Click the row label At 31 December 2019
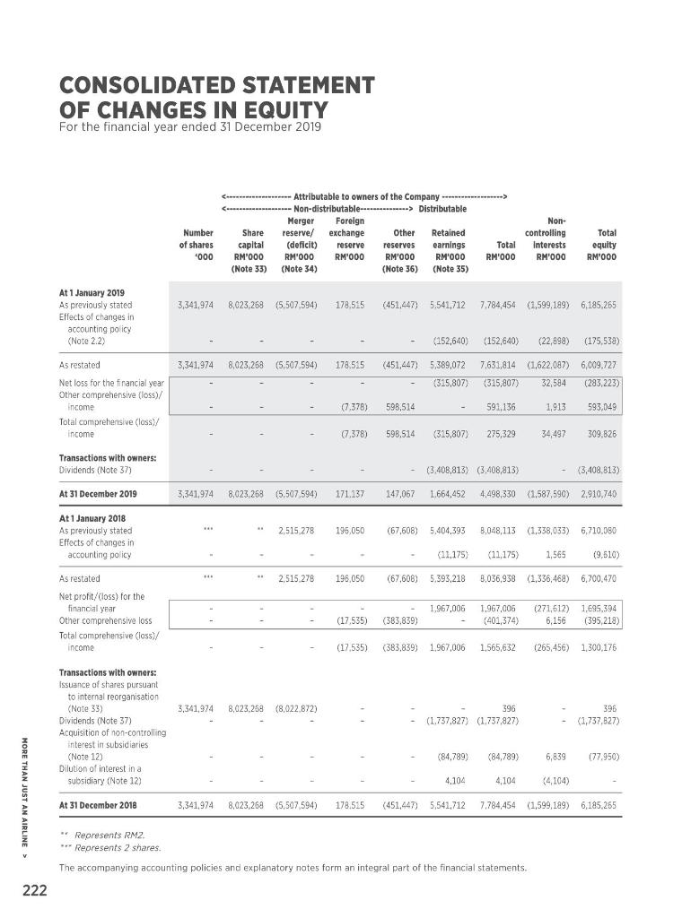(x=98, y=493)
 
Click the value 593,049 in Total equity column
(x=598, y=406)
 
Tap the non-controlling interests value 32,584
(x=548, y=382)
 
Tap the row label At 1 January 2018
(x=92, y=518)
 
